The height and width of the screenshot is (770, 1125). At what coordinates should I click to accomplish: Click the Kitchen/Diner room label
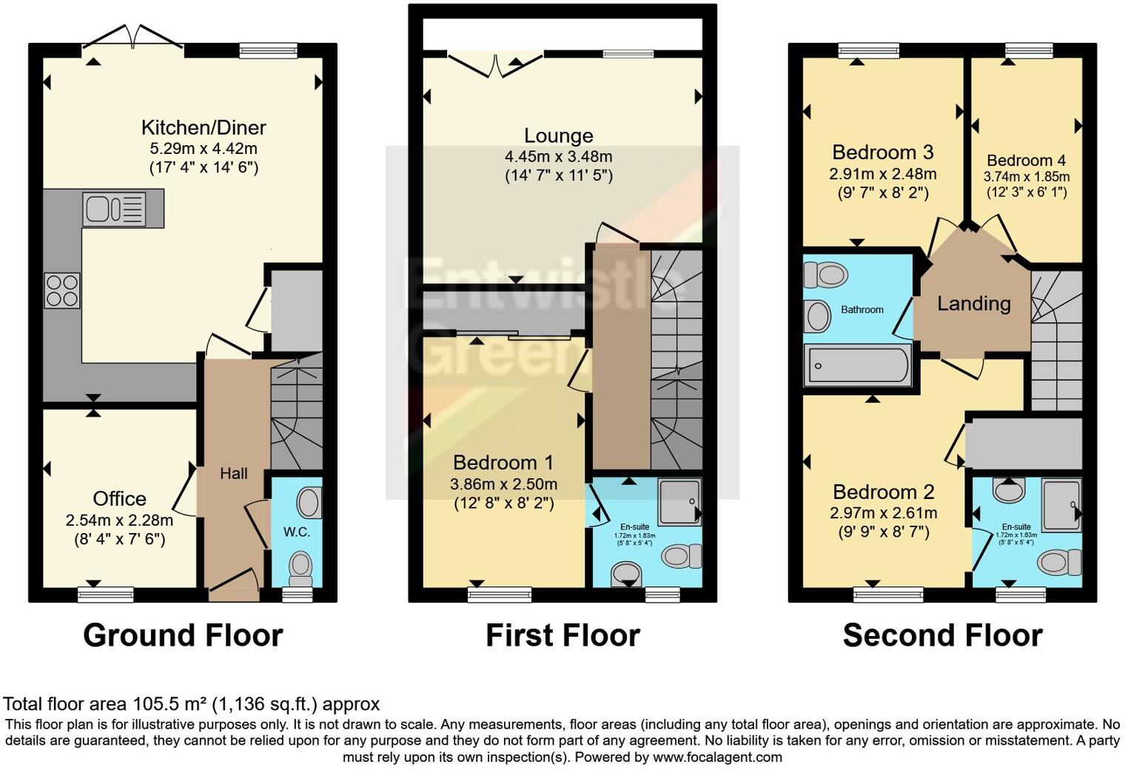[204, 127]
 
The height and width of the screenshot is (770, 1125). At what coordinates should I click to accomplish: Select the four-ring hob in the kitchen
[62, 290]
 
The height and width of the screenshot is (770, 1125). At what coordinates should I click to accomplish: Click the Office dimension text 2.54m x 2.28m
[119, 520]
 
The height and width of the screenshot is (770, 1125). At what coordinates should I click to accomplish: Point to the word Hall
[233, 473]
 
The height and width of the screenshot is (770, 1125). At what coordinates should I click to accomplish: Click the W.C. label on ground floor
[297, 532]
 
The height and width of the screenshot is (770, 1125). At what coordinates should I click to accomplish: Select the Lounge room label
[558, 135]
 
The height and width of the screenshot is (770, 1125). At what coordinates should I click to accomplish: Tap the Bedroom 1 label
[503, 463]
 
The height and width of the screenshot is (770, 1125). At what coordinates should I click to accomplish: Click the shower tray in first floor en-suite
[679, 501]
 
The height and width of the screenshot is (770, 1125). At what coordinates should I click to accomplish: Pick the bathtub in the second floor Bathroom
[859, 366]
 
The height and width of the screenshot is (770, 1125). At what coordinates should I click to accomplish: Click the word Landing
[973, 303]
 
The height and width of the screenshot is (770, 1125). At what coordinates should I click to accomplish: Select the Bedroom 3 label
[882, 153]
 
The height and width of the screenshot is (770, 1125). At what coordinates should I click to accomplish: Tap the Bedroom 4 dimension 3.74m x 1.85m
[1026, 177]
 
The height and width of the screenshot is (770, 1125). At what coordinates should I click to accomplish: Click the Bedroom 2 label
[883, 492]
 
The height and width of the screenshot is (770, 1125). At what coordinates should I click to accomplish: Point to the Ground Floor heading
[183, 635]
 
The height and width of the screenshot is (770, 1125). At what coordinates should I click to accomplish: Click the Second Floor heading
[942, 635]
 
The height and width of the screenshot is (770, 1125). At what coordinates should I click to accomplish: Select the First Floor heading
[562, 635]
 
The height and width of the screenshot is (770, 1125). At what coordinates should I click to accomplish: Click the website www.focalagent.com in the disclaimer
[717, 757]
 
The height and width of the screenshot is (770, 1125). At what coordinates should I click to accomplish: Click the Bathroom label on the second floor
[862, 309]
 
